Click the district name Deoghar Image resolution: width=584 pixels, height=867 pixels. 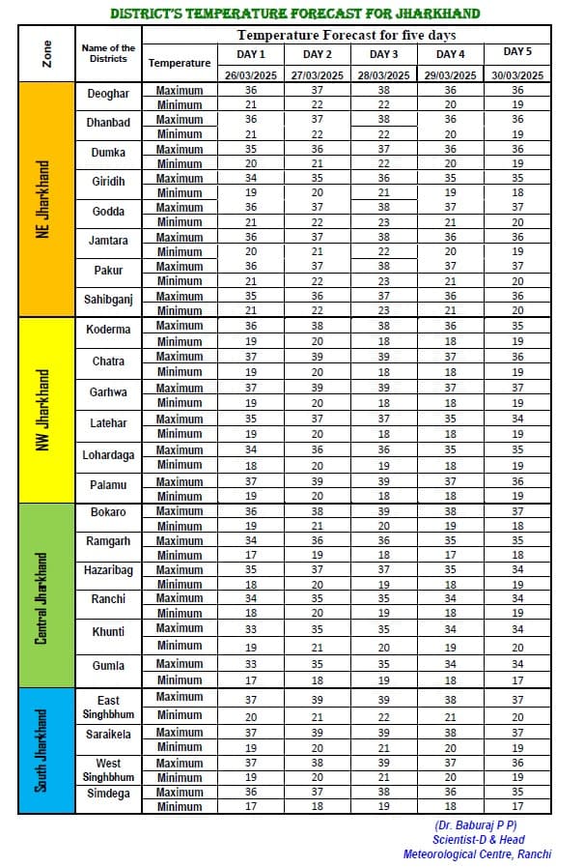[x=108, y=97]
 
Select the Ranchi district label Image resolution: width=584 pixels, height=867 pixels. [x=108, y=599]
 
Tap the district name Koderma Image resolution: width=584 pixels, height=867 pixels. [x=108, y=330]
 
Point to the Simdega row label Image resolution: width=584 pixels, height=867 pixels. [x=108, y=792]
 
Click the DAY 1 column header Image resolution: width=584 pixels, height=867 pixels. [x=251, y=54]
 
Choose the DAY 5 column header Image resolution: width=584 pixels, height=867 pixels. [x=517, y=51]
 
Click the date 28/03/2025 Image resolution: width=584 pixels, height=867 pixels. [x=384, y=74]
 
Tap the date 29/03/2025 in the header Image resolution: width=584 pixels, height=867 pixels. [x=451, y=74]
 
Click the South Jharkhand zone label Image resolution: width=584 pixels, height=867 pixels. [x=43, y=750]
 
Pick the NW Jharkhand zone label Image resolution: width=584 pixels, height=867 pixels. [x=43, y=409]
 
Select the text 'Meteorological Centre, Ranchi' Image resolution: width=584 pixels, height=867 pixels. [x=477, y=853]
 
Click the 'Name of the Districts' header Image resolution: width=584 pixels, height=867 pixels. [x=108, y=53]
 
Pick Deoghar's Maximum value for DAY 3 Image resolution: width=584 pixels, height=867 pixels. [x=384, y=90]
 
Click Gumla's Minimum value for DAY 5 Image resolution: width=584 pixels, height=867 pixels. [x=517, y=679]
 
